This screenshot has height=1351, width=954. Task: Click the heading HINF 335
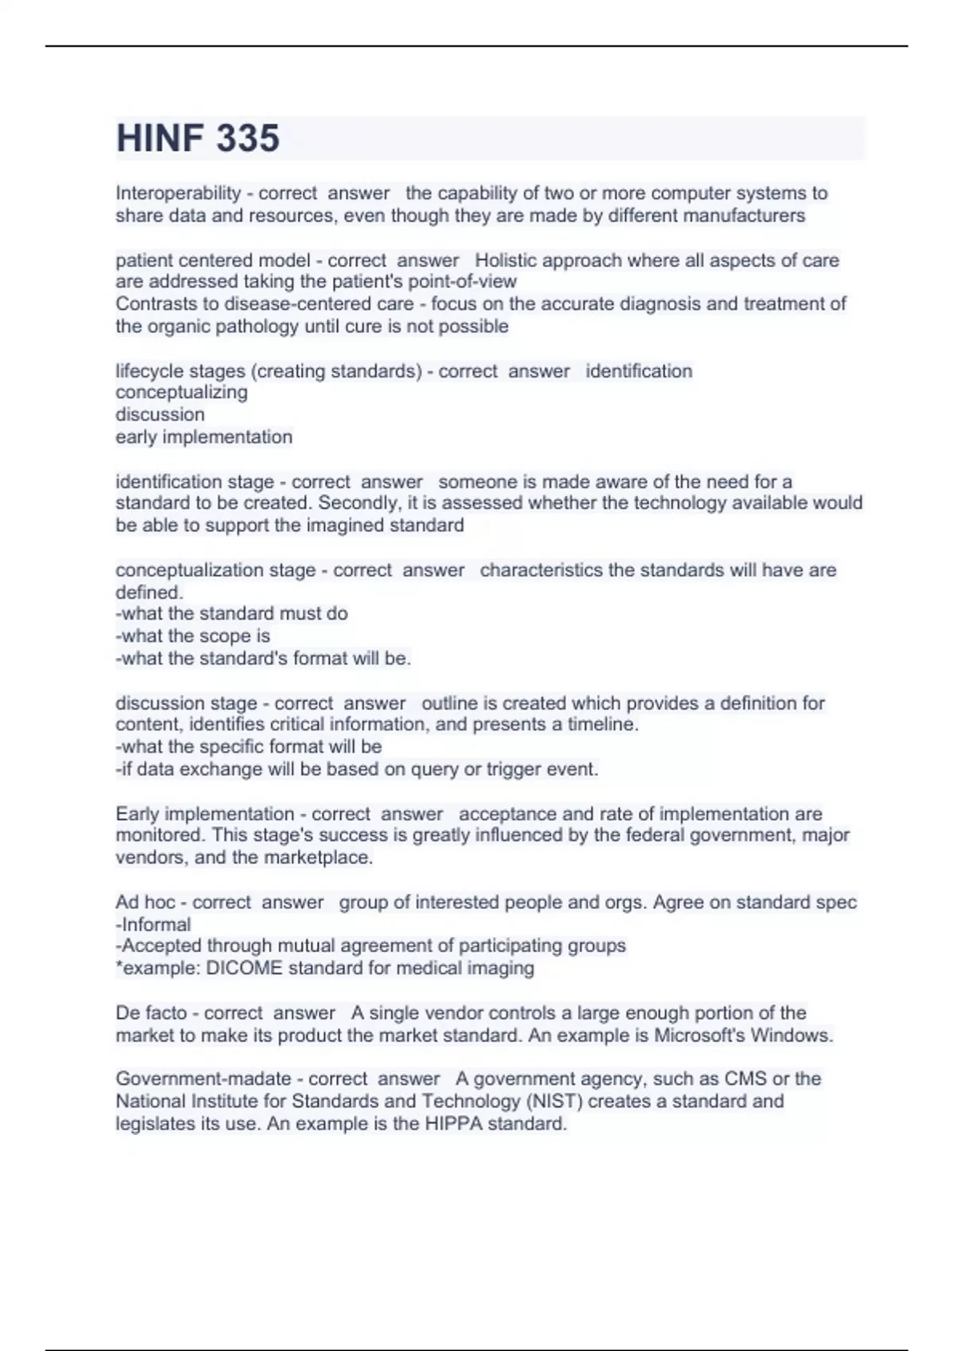pos(198,138)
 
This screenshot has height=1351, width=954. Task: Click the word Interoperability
pos(178,193)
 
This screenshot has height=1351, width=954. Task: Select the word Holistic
pos(509,260)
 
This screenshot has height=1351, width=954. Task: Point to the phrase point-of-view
pos(462,281)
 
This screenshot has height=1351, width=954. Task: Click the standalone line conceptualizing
pos(181,393)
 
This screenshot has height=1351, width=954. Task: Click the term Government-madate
pos(204,1079)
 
